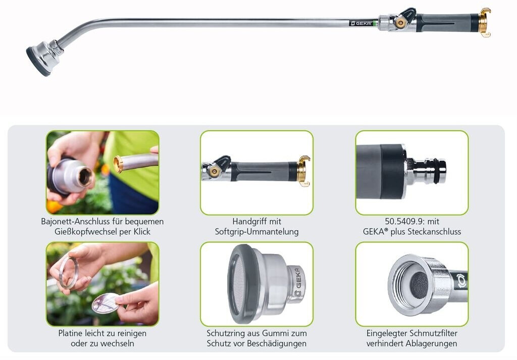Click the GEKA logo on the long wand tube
361,23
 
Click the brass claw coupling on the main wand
484,22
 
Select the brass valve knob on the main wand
400,23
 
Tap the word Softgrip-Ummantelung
256,232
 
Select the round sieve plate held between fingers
106,303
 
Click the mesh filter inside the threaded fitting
419,285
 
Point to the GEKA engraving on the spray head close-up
298,282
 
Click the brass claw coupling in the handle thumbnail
303,171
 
